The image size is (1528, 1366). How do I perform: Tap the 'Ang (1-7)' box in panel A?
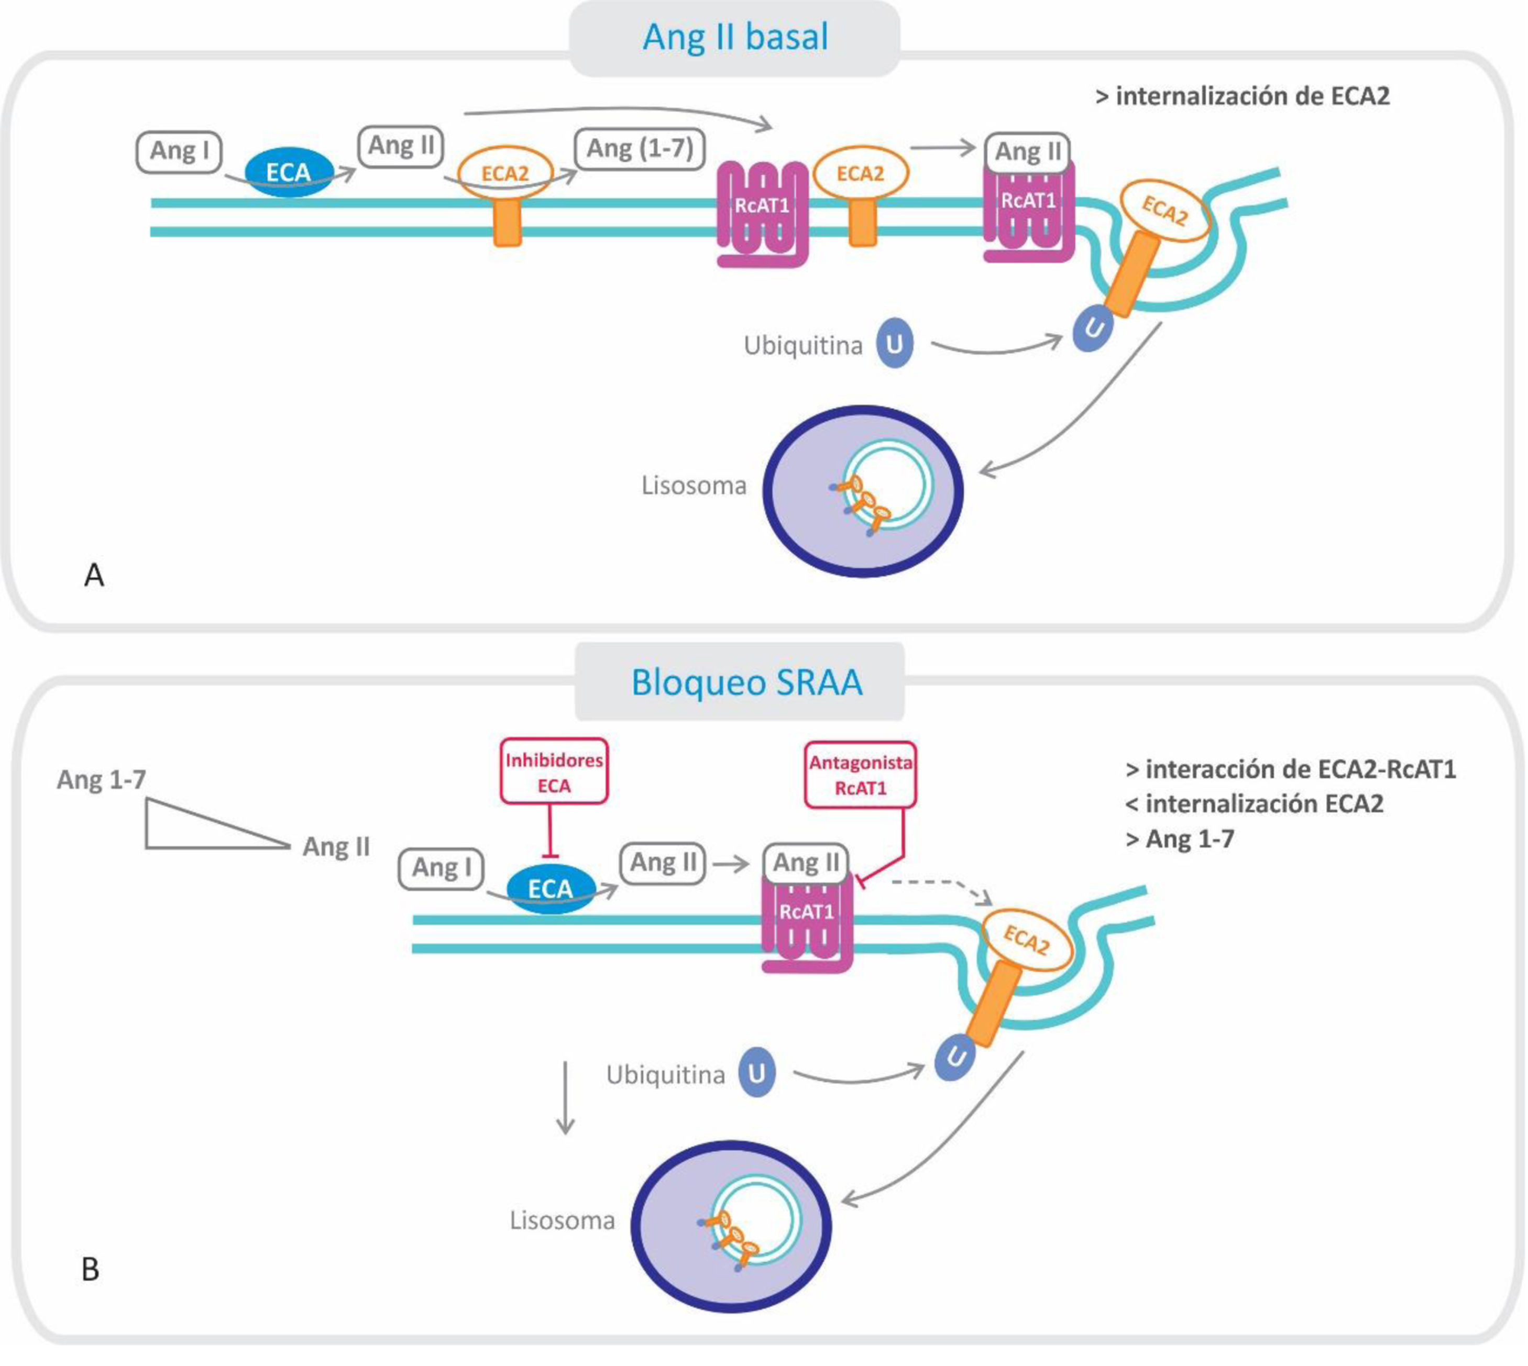pyautogui.click(x=640, y=149)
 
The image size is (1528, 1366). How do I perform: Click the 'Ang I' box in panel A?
pyautogui.click(x=179, y=151)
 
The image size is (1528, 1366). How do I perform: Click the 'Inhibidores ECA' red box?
pyautogui.click(x=554, y=772)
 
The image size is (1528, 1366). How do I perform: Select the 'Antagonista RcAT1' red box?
pyautogui.click(x=860, y=775)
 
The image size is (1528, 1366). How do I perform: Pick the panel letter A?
pyautogui.click(x=94, y=576)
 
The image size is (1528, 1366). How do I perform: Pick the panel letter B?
pyautogui.click(x=90, y=1269)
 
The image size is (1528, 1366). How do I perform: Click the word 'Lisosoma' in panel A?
pyautogui.click(x=694, y=486)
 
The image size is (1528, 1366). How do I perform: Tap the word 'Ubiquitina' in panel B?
pyautogui.click(x=665, y=1075)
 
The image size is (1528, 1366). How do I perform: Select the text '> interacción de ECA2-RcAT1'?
pyautogui.click(x=1291, y=769)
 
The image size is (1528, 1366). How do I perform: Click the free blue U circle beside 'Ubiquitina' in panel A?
pyautogui.click(x=895, y=345)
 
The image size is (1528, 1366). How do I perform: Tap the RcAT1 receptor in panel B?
pyautogui.click(x=807, y=923)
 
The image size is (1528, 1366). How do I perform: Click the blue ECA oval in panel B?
pyautogui.click(x=551, y=889)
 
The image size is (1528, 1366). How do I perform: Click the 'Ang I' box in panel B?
pyautogui.click(x=441, y=868)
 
